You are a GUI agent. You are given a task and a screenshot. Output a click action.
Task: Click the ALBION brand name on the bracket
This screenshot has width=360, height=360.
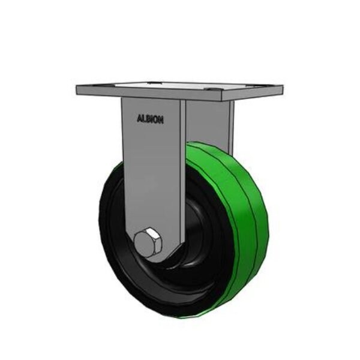tap(149, 119)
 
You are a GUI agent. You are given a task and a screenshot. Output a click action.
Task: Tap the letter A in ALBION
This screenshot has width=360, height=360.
tap(139, 119)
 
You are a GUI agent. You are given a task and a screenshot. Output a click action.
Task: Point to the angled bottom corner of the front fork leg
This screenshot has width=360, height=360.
tap(171, 255)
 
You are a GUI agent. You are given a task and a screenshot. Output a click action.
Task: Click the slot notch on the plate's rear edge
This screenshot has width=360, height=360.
tap(153, 82)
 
